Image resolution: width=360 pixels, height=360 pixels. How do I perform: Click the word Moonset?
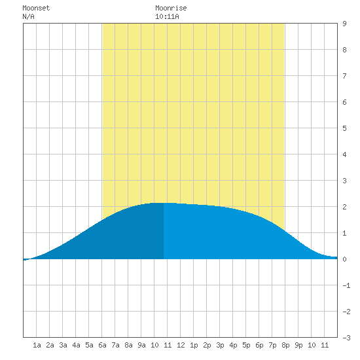click(x=36, y=8)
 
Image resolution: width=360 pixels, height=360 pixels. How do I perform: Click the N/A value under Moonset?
click(x=28, y=16)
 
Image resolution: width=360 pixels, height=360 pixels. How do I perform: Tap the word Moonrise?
click(x=171, y=8)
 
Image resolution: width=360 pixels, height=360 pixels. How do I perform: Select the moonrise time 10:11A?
click(x=167, y=16)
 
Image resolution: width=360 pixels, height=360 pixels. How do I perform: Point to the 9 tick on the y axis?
click(x=344, y=24)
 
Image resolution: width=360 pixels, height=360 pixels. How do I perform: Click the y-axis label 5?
click(x=344, y=128)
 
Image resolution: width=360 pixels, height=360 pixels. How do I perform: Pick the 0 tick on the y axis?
click(x=344, y=259)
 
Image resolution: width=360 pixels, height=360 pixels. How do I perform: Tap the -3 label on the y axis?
click(x=346, y=338)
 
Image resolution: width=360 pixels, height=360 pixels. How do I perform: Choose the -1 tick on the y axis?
click(x=346, y=285)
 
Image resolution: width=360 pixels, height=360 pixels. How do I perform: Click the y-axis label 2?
click(x=344, y=207)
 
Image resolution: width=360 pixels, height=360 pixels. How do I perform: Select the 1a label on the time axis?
click(x=37, y=345)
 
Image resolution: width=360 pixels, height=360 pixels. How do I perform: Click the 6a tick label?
click(x=102, y=345)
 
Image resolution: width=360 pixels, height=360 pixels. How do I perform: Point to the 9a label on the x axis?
click(x=141, y=345)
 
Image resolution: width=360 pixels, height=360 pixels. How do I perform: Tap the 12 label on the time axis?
click(x=181, y=345)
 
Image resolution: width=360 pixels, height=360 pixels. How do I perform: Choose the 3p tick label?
click(x=220, y=345)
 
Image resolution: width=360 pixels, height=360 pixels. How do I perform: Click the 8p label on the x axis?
click(x=285, y=345)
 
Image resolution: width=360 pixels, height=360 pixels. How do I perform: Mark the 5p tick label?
click(x=246, y=345)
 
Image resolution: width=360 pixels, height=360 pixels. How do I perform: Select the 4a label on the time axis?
click(x=76, y=345)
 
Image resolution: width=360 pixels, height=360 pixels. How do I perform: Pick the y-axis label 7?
click(x=344, y=76)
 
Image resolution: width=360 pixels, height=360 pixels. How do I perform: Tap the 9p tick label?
click(x=298, y=345)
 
